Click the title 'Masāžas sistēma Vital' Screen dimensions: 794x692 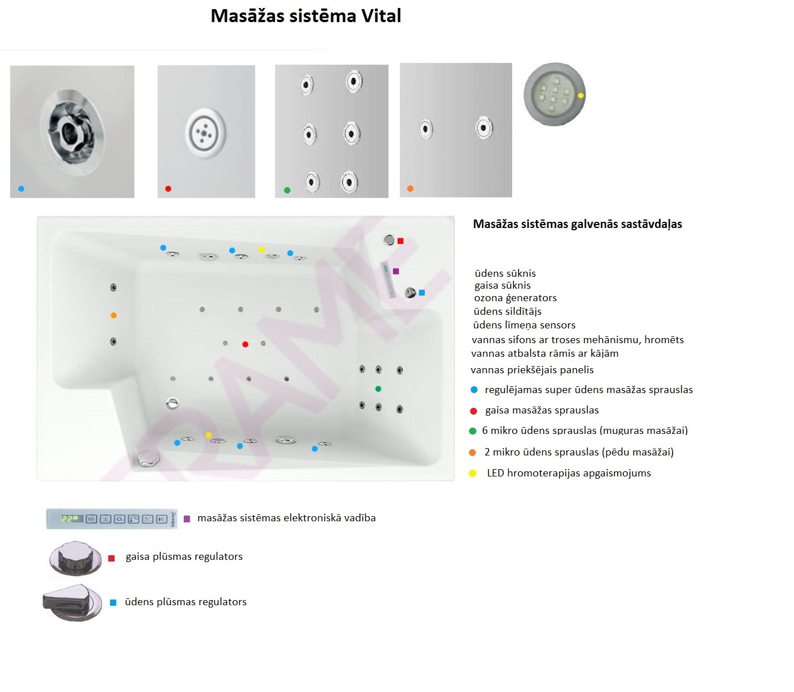point(306,16)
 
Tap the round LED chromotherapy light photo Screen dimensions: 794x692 point(554,94)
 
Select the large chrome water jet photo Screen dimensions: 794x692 point(72,132)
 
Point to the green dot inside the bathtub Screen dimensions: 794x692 point(378,389)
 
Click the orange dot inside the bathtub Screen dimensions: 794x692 point(113,315)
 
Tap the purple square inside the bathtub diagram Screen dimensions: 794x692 point(396,271)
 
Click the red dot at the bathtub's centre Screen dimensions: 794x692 point(245,344)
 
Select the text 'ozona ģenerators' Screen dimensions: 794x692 point(516,298)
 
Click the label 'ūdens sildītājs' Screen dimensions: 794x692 point(508,311)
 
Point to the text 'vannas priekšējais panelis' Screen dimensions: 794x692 point(532,369)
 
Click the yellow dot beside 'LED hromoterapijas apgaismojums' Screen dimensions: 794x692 point(472,473)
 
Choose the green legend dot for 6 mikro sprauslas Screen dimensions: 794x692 point(472,431)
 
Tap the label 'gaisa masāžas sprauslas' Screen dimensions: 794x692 point(542,410)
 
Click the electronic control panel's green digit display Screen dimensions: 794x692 point(72,518)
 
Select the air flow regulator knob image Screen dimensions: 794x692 point(75,558)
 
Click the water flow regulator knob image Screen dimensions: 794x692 point(72,602)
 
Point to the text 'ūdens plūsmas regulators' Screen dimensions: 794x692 point(185,602)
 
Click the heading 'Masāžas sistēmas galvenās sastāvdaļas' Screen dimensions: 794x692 point(577,224)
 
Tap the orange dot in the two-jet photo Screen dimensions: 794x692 point(410,189)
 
